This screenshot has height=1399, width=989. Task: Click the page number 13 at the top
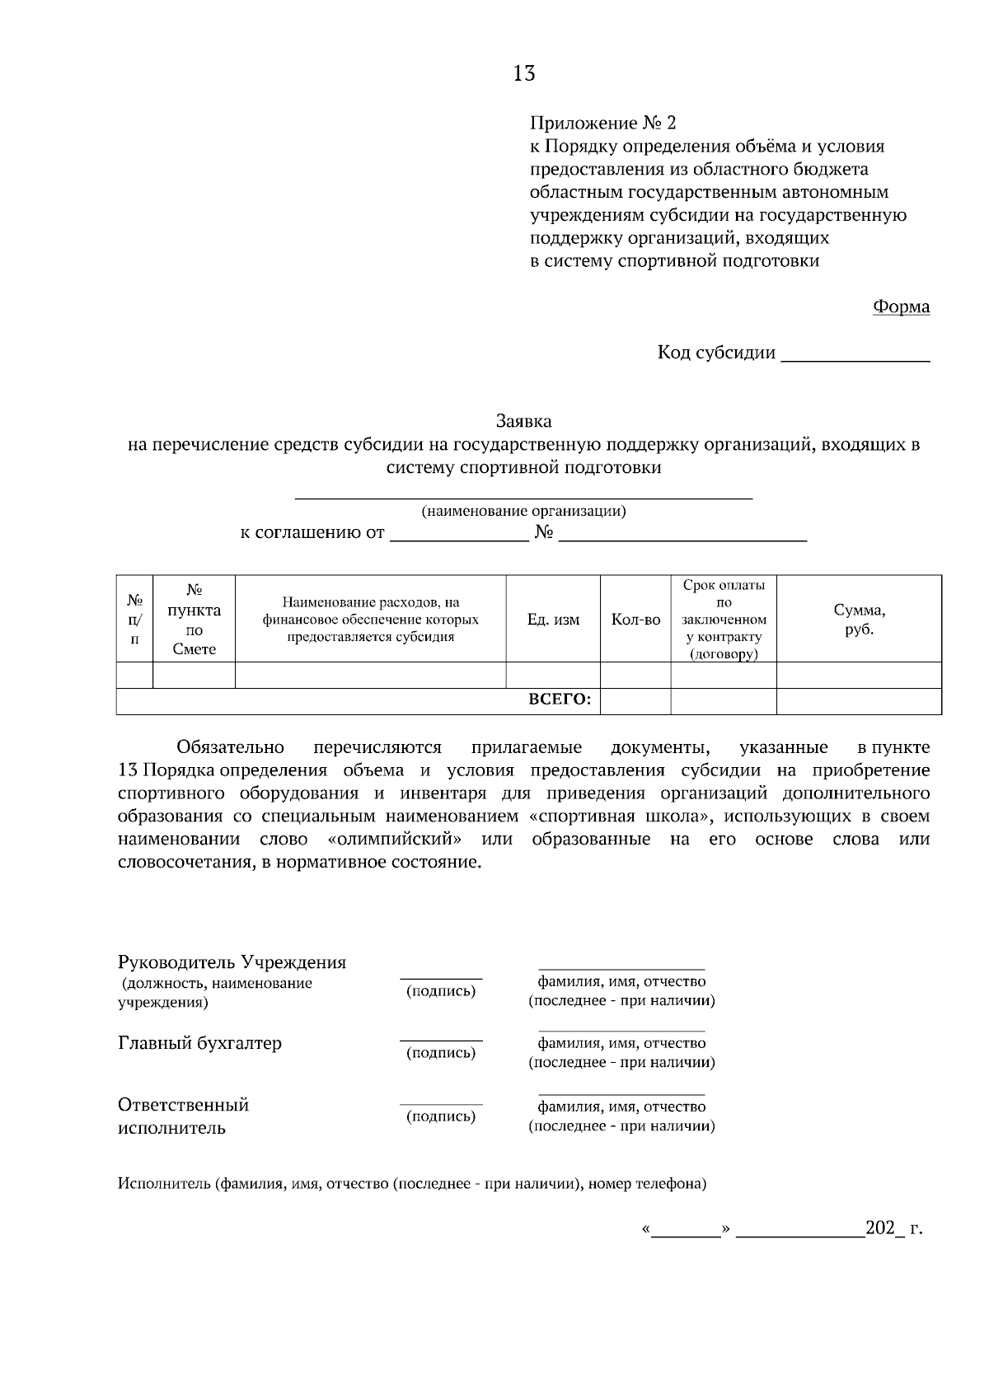coord(523,73)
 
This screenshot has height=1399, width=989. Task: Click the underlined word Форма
coord(901,306)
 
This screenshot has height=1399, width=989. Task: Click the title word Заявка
coord(523,421)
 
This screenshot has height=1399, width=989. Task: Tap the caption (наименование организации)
coord(523,511)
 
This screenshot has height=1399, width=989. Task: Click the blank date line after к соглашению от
coord(458,536)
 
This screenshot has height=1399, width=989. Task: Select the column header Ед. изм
coord(553,620)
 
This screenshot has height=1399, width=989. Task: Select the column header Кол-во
coord(635,620)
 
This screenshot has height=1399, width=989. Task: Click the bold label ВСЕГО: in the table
coord(559,700)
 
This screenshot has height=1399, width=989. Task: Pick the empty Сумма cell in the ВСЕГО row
coord(859,701)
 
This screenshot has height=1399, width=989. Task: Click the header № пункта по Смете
coord(195,620)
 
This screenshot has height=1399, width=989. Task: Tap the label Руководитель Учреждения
coord(232,962)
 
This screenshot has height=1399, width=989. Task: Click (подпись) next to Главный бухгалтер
coord(441,1052)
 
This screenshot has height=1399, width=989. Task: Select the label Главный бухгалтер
coord(199,1043)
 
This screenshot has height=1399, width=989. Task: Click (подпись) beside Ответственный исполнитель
coord(441,1116)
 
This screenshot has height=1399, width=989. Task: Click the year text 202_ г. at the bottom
coord(893,1228)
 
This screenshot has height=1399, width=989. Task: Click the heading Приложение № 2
coord(602,124)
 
